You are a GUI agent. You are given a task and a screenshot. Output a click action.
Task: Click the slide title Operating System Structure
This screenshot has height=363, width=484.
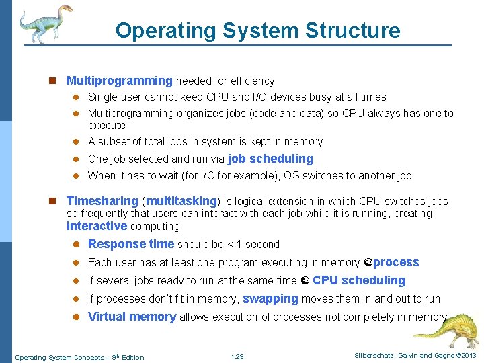(257, 30)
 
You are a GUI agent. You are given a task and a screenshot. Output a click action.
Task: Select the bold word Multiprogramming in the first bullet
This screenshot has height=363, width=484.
(120, 81)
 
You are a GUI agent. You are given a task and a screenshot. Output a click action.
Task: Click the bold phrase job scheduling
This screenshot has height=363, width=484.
(270, 159)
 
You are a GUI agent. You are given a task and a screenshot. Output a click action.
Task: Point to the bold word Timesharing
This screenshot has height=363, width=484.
(102, 201)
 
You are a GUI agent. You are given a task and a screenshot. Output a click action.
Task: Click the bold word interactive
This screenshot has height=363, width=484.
(97, 226)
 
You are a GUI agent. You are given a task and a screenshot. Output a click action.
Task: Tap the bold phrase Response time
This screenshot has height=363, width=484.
(131, 244)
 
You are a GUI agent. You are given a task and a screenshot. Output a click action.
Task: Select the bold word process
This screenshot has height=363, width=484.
(396, 262)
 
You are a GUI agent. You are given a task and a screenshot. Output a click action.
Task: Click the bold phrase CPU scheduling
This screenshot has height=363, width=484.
(359, 280)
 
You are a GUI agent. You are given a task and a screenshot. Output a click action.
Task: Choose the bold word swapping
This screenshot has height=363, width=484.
(270, 298)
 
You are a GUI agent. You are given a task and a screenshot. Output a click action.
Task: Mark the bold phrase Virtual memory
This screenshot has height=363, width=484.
(132, 317)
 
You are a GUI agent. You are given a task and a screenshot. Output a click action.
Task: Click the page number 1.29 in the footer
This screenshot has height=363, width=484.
(237, 356)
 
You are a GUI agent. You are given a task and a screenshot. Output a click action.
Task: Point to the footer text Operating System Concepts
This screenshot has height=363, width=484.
(61, 357)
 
